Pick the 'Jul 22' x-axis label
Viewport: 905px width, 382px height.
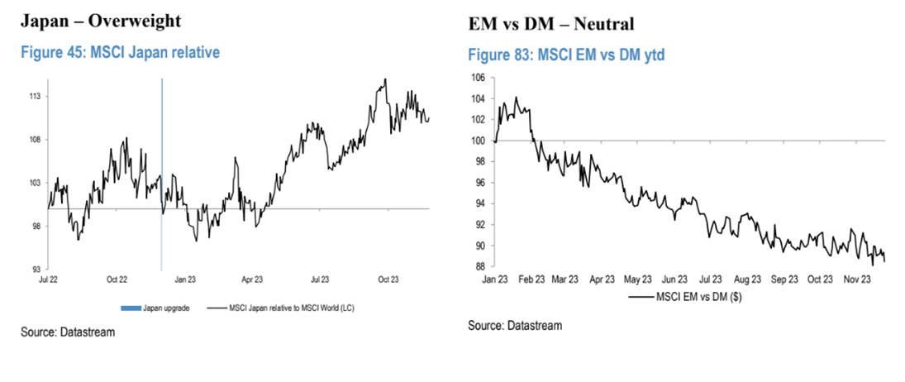(x=49, y=281)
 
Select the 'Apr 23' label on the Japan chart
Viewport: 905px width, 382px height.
(x=252, y=281)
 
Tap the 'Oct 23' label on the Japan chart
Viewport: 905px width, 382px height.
(x=388, y=281)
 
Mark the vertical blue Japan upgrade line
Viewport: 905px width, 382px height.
(x=161, y=149)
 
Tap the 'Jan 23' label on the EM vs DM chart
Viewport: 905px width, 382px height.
(x=495, y=279)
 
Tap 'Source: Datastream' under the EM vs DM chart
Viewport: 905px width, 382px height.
(x=515, y=326)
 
